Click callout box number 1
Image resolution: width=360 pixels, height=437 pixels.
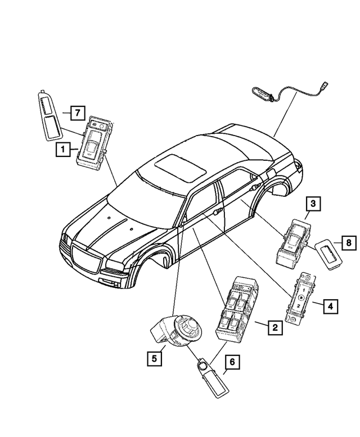(x=63, y=150)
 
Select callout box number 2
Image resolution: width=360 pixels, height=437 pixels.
(x=275, y=327)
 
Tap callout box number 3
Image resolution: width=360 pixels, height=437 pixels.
(x=313, y=204)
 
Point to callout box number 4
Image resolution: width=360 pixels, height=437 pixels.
(x=330, y=307)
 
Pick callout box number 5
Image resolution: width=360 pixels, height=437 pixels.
(x=154, y=358)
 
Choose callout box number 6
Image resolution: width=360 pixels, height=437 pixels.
(x=232, y=362)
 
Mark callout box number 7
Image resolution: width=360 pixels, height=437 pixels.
(x=78, y=113)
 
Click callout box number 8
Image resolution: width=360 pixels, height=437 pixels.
(x=349, y=243)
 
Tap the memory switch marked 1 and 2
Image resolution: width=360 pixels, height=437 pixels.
(x=300, y=299)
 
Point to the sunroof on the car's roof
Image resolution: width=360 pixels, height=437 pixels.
(x=180, y=168)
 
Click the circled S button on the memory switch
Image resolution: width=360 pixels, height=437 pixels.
(x=300, y=298)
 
